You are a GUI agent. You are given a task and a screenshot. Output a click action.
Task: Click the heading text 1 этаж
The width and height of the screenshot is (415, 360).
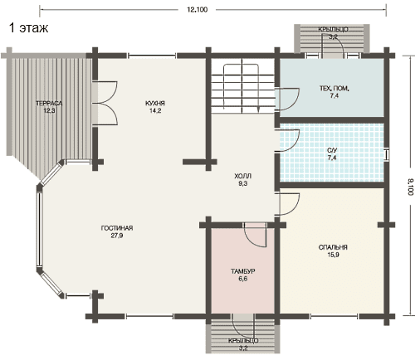coord(29,28)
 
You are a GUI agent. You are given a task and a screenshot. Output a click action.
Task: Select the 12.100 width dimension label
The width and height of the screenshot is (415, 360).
coord(197,10)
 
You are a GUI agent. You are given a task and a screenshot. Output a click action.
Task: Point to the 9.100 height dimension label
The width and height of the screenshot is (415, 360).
coord(410,187)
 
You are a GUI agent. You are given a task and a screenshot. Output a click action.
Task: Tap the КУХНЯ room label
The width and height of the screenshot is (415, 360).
coord(155,104)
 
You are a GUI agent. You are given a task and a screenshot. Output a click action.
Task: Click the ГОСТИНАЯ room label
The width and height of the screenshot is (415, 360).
coord(117,228)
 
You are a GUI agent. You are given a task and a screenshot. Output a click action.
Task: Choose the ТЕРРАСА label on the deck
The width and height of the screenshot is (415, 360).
coord(49,104)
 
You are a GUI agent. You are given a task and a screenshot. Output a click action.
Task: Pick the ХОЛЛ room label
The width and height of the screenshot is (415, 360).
coord(242,176)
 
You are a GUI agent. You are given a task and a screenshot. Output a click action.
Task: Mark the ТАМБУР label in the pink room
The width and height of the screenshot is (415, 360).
coord(242,271)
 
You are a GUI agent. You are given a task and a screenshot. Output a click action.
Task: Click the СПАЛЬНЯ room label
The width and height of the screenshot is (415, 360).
coord(333,247)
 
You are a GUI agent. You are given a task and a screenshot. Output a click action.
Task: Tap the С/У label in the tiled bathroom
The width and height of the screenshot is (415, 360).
coord(332,150)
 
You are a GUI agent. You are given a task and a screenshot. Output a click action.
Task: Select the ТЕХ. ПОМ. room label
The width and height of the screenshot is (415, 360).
coord(334,89)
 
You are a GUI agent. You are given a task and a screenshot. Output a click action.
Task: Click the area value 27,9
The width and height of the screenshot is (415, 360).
coord(117,236)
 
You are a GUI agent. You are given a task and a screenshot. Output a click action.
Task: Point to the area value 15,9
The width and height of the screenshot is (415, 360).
coord(333,255)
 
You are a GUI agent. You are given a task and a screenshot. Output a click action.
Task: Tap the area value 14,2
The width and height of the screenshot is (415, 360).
coord(155,111)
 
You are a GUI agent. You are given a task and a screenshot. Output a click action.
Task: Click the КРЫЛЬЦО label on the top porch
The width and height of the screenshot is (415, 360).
coord(333,29)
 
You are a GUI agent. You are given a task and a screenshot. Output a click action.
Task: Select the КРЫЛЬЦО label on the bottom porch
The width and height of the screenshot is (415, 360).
coord(243,341)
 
